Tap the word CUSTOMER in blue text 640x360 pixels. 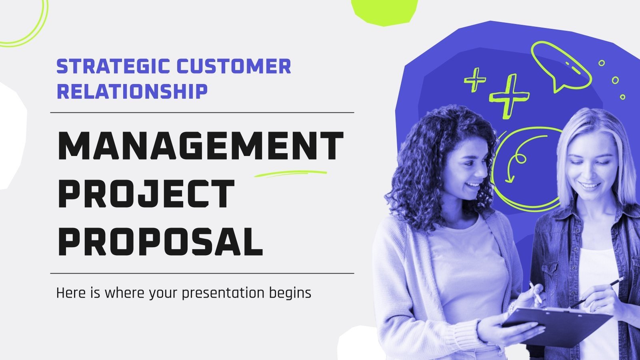[234, 67]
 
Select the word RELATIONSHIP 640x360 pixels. [132, 91]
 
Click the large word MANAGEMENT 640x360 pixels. [200, 146]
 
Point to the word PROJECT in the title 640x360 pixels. [146, 194]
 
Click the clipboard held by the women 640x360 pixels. [560, 324]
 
